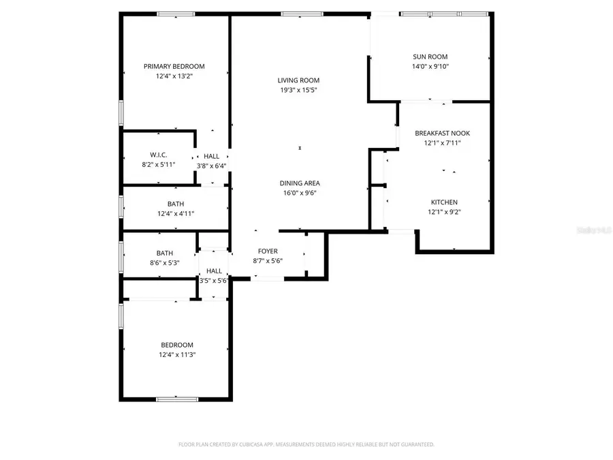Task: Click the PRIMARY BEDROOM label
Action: (174, 66)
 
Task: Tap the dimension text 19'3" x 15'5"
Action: (298, 90)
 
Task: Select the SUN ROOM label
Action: (430, 57)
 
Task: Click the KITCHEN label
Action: (443, 202)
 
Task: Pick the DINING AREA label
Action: (299, 183)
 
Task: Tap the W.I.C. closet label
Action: (159, 155)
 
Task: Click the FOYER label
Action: (267, 251)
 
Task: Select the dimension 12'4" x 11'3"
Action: (176, 354)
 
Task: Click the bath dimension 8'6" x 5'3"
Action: (164, 262)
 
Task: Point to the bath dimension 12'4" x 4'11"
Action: (175, 213)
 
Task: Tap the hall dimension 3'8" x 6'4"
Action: (211, 166)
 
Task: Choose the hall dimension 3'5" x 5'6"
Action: (213, 280)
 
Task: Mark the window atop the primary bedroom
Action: (176, 14)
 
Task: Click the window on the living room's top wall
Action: (292, 14)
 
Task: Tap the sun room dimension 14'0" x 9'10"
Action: (430, 66)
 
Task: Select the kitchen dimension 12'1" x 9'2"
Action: (443, 212)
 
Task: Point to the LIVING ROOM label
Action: (298, 80)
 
